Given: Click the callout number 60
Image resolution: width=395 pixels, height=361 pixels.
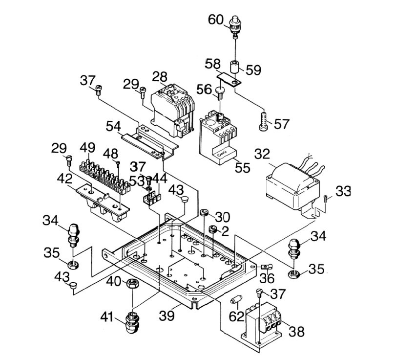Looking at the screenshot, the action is tap(216, 20).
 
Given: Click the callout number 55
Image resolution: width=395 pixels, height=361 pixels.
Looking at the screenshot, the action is tap(242, 168).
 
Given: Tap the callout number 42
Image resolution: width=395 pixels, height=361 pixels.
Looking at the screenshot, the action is tap(64, 179).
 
